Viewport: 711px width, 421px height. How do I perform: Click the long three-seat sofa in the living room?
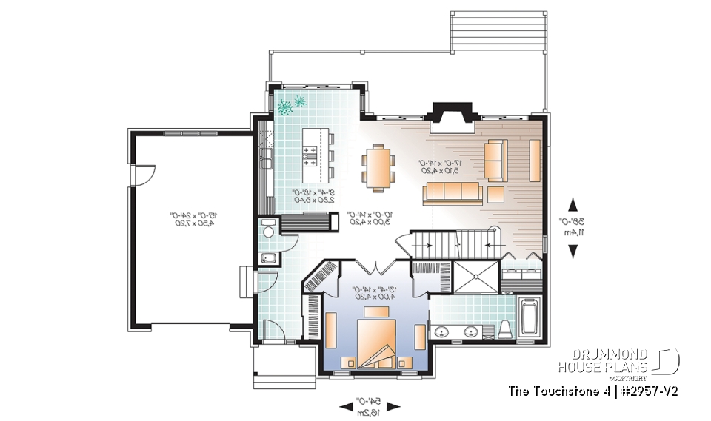point(453,194)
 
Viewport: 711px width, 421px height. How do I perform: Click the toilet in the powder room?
point(269,229)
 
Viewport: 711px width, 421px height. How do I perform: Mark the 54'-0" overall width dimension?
point(370,405)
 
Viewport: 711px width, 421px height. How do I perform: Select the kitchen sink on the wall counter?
point(265,157)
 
